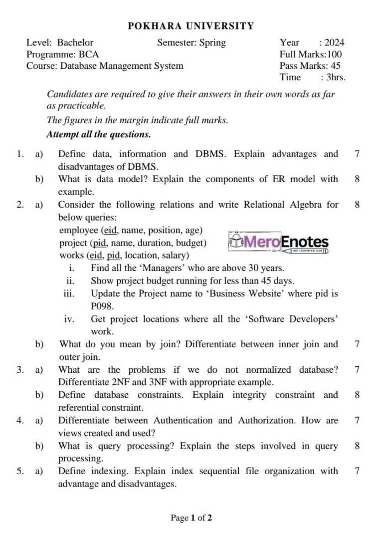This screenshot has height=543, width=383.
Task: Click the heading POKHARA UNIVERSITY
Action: pyautogui.click(x=191, y=26)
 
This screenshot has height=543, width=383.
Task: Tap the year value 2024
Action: pyautogui.click(x=334, y=43)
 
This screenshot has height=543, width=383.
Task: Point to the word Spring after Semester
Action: pyautogui.click(x=212, y=43)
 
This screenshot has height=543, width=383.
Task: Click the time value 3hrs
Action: pyautogui.click(x=336, y=77)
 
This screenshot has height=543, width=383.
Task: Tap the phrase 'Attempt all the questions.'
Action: pyautogui.click(x=98, y=134)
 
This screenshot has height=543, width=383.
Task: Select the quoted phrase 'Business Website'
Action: pyautogui.click(x=241, y=293)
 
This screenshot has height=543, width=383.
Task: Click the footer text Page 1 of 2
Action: pyautogui.click(x=191, y=518)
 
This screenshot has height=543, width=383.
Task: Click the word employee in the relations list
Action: pyautogui.click(x=78, y=230)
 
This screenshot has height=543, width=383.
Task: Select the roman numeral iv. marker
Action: pyautogui.click(x=69, y=319)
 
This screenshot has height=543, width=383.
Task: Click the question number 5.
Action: pyautogui.click(x=19, y=471)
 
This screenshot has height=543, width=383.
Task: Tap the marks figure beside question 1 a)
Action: pyautogui.click(x=357, y=154)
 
